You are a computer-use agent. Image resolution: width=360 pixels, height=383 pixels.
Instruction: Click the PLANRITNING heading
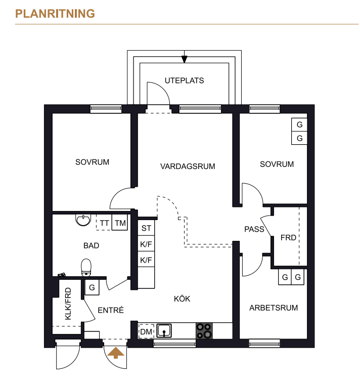tap(55, 14)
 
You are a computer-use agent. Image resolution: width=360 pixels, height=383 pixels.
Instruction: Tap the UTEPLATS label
tap(184, 80)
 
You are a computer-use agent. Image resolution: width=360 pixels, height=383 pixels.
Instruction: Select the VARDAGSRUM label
tap(188, 166)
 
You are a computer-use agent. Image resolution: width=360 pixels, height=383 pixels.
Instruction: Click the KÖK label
tap(182, 299)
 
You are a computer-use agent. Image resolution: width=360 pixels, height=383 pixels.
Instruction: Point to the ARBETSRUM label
tap(274, 308)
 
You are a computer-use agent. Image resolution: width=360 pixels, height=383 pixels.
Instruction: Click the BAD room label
tap(92, 245)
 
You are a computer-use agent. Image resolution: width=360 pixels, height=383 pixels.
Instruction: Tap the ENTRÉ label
tap(111, 310)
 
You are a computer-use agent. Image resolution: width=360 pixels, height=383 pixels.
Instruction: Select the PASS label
tap(254, 229)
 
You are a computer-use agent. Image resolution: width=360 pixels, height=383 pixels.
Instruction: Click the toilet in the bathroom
tap(86, 268)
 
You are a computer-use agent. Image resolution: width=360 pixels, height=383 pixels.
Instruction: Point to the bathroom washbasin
tap(83, 220)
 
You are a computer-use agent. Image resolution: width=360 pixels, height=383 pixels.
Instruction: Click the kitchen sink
tap(164, 331)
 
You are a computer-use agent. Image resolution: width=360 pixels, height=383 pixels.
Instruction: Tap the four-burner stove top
tap(204, 331)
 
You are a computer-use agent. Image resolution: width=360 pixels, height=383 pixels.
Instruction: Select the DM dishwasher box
tap(146, 331)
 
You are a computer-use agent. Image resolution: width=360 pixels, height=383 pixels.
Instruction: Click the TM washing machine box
tap(120, 222)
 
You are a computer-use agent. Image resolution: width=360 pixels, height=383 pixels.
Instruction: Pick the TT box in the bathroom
tap(104, 222)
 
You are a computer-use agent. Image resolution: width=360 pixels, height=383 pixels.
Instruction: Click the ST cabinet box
tap(146, 228)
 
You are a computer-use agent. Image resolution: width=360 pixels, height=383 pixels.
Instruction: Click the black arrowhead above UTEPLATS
tap(184, 59)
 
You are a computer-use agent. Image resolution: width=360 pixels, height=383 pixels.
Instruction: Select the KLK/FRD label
tap(68, 304)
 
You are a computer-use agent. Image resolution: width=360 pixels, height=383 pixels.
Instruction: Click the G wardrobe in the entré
tap(92, 287)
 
